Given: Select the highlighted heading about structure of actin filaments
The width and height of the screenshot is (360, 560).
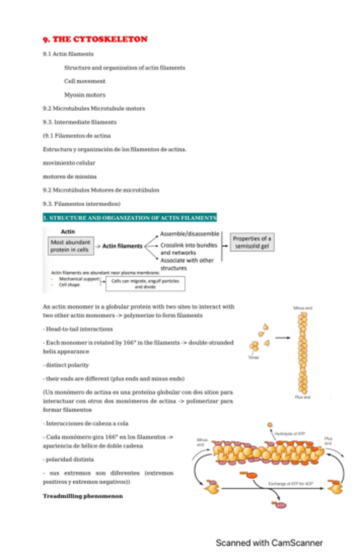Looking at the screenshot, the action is (129, 217).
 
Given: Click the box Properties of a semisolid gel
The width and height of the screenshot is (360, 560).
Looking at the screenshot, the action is (252, 242).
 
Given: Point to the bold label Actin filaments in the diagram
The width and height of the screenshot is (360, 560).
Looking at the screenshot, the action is (123, 246).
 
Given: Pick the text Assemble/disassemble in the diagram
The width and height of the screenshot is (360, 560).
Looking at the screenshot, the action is (190, 234).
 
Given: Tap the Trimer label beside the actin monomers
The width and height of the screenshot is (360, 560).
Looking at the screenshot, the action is (252, 357).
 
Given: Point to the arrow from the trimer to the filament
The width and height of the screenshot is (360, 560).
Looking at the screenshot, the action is (285, 337).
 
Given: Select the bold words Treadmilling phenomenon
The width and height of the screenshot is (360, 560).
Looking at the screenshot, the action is (83, 495).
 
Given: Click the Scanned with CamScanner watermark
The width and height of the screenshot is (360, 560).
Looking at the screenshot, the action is (270, 543).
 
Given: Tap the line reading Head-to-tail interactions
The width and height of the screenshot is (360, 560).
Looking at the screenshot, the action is (78, 328).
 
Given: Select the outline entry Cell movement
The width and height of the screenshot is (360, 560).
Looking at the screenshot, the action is (85, 81).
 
